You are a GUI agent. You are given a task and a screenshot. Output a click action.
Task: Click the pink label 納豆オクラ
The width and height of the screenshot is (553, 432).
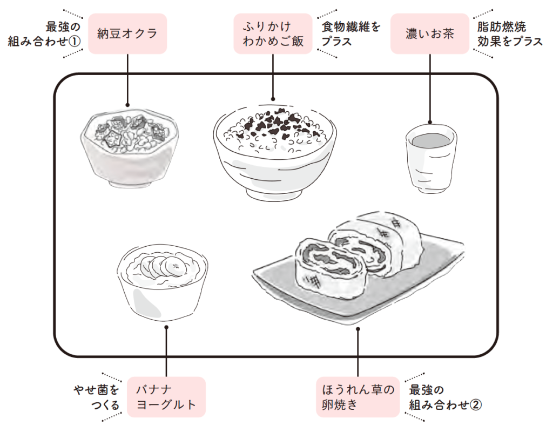(127, 33)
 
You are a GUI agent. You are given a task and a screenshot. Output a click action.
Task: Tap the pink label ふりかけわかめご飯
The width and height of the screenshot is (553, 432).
(273, 33)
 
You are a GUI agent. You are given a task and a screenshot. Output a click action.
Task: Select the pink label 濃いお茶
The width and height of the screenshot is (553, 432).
(430, 33)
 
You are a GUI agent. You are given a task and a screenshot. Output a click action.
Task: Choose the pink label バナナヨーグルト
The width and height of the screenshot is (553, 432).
(166, 397)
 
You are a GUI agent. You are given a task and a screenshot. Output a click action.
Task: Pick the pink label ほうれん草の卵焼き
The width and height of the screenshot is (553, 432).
(358, 397)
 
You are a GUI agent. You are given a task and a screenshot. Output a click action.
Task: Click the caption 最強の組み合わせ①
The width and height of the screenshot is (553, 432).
(44, 33)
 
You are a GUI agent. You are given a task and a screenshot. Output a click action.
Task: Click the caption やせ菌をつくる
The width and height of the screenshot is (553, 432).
(97, 397)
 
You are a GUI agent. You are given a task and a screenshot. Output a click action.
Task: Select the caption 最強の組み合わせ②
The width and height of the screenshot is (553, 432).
(444, 397)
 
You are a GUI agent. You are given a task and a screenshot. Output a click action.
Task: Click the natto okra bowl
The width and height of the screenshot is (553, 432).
(128, 148)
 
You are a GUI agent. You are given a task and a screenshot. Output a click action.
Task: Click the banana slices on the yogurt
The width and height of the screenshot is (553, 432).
(163, 266)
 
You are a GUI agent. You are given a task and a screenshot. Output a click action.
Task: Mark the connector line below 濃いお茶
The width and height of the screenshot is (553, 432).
(430, 86)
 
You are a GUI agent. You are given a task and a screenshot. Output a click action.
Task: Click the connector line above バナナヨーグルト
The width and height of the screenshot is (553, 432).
(166, 351)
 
